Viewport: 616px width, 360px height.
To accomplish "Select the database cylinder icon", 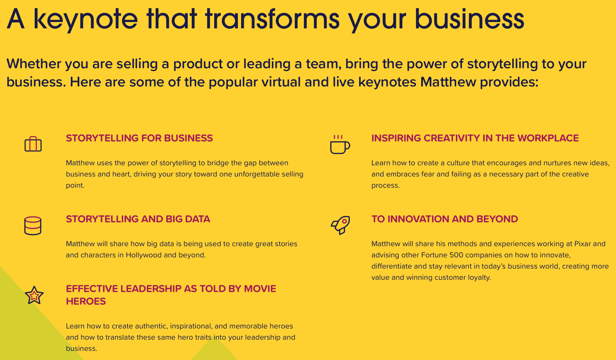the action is click(33, 226).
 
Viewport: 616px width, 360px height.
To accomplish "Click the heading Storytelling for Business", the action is click(139, 138).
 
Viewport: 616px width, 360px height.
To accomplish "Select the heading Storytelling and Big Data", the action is click(138, 219).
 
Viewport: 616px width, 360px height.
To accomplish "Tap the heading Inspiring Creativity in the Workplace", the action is click(475, 138).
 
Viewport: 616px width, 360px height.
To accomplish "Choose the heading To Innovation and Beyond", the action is click(444, 219).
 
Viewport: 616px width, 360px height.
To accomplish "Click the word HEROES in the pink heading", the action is click(86, 301).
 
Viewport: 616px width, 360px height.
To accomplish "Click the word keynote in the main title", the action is click(85, 19).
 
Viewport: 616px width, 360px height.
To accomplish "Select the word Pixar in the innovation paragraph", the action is click(583, 244).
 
